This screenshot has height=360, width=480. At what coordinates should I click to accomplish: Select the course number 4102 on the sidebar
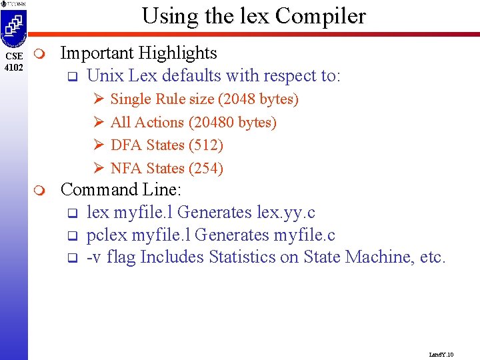coord(13,67)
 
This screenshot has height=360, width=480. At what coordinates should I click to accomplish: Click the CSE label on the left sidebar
coord(13,56)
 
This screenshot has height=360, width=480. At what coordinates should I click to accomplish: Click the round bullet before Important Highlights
coord(41,53)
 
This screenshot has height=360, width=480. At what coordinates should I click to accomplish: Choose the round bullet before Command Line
coord(41,191)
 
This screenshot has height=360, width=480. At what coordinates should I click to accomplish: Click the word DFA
coord(126,145)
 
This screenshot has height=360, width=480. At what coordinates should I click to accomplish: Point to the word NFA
coord(126,169)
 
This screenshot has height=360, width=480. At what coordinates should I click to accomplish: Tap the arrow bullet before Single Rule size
coord(97,99)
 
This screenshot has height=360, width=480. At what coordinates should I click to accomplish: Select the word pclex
coord(107,235)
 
